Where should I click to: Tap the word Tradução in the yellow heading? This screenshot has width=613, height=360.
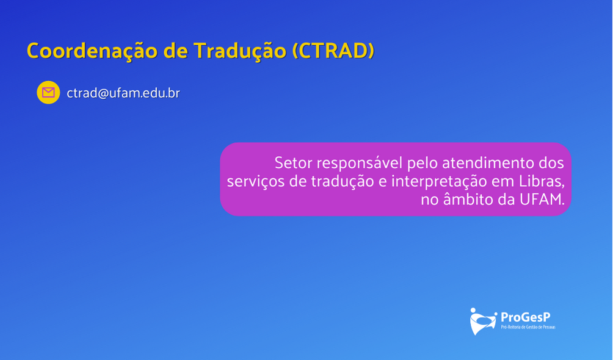coord(240,51)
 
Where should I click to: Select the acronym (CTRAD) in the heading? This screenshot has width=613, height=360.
coord(333,51)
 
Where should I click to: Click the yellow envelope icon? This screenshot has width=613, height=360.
coord(48,92)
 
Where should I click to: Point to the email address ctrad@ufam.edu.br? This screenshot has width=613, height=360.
coord(123,93)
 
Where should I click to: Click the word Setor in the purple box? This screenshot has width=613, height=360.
coord(293,163)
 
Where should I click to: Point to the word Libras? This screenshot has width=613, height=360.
coord(542,181)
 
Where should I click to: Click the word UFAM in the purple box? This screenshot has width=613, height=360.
coord(542,200)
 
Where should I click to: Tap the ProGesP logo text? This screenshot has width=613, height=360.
coord(526,317)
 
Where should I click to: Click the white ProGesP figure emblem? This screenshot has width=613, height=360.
coord(483,322)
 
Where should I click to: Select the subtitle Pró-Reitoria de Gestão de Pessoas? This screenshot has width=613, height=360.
coord(528,327)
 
